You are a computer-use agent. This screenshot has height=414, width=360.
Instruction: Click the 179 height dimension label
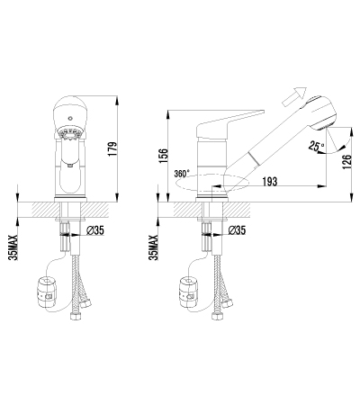pyautogui.click(x=112, y=148)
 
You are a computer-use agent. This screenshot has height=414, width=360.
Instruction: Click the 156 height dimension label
pyautogui.click(x=164, y=156)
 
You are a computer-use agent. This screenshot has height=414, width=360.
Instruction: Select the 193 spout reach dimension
pyautogui.click(x=270, y=181)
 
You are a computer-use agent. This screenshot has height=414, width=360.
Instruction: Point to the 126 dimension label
pyautogui.click(x=346, y=162)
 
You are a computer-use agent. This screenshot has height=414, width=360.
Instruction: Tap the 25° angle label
pyautogui.click(x=316, y=147)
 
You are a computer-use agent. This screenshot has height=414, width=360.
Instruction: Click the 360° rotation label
pyautogui.click(x=182, y=174)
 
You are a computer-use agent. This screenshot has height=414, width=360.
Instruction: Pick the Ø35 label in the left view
pyautogui.click(x=94, y=230)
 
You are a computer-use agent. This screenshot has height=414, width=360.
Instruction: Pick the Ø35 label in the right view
pyautogui.click(x=237, y=230)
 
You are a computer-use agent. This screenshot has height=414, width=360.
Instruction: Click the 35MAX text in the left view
pyautogui.click(x=13, y=247)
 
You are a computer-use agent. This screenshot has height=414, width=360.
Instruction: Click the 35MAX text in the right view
pyautogui.click(x=154, y=247)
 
